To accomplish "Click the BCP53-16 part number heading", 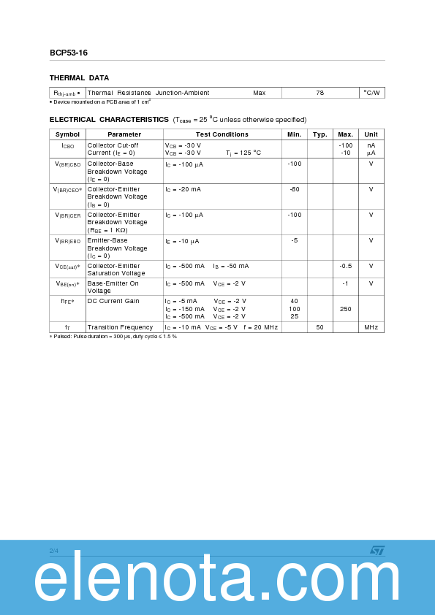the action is (69, 53).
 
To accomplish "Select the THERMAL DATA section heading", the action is (79, 77).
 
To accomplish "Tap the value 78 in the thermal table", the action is (320, 93).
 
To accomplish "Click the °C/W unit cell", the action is (371, 93).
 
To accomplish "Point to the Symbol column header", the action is (67, 134).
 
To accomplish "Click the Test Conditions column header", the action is (222, 134).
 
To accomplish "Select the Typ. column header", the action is (320, 134).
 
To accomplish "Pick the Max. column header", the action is (346, 134).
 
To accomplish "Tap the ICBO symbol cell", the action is (67, 145).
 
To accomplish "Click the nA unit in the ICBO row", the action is (371, 145).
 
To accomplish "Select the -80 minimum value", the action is (295, 189).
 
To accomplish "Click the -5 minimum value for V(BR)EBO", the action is (295, 240).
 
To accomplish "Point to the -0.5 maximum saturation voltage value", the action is (346, 266).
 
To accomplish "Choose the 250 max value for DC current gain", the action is (346, 309).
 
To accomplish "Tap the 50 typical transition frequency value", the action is (320, 327).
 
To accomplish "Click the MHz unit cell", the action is (371, 327).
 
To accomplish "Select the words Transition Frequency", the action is (120, 327).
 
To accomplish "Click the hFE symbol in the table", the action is (67, 301).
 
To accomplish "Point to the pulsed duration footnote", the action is (113, 337).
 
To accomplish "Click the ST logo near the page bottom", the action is (377, 550).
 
